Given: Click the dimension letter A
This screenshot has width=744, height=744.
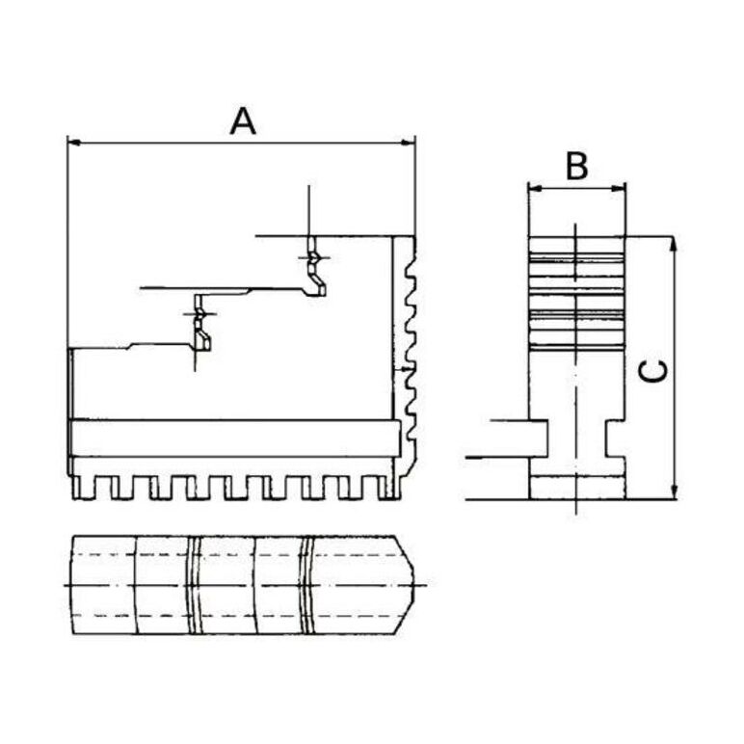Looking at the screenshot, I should (x=243, y=121).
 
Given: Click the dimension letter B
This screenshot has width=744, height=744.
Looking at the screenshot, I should (x=576, y=166).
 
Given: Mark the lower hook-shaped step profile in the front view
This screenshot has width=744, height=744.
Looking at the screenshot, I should (x=200, y=330).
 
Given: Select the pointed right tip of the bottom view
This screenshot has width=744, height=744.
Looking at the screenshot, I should (x=416, y=584).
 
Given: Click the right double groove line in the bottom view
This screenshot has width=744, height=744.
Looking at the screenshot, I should (x=306, y=585).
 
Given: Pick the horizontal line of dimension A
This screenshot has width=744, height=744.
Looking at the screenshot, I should (x=241, y=145).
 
